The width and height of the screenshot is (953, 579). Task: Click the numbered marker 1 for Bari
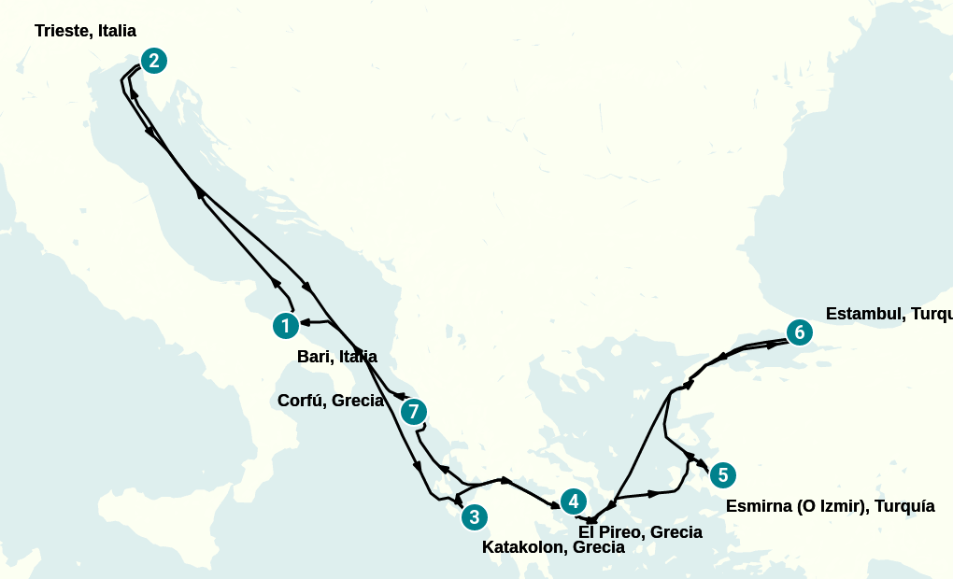pos(285,326)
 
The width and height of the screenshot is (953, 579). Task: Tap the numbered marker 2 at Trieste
pos(154,61)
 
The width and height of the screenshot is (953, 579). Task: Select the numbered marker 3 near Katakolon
pos(474,516)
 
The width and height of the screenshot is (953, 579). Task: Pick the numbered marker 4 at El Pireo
pos(574,501)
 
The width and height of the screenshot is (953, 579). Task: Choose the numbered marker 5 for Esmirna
pos(722,474)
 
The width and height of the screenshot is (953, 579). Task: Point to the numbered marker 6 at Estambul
pos(797,332)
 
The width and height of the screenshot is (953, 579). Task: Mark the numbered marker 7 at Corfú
pos(414,411)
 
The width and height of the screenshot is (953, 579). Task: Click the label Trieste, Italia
pos(85,31)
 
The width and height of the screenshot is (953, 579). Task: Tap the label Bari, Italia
pos(337,356)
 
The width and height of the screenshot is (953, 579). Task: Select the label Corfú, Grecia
pos(331,401)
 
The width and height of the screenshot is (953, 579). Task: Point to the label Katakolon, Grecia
pos(553,547)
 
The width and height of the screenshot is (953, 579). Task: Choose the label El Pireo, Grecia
pos(640,532)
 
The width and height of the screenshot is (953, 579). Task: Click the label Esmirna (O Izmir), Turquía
pos(830,506)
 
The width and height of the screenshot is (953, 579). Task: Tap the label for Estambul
pos(889,314)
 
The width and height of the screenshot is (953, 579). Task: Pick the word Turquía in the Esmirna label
pos(902,506)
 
